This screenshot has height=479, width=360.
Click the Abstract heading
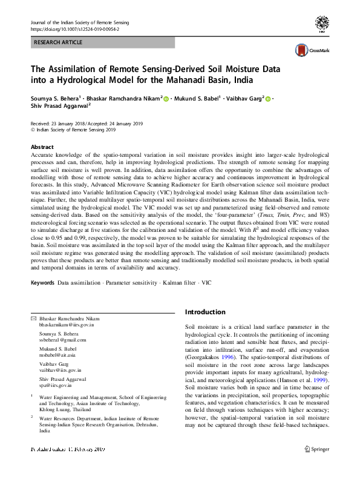coord(42,147)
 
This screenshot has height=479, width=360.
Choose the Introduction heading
coord(205,312)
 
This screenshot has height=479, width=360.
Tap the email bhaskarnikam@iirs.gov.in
coord(67,325)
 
